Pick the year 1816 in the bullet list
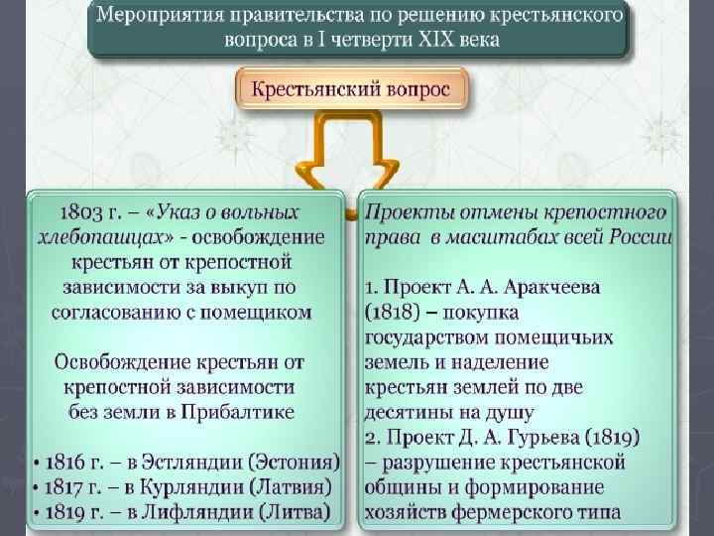(x=66, y=464)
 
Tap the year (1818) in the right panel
(x=398, y=313)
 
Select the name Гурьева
(x=535, y=438)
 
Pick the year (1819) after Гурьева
(x=605, y=438)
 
